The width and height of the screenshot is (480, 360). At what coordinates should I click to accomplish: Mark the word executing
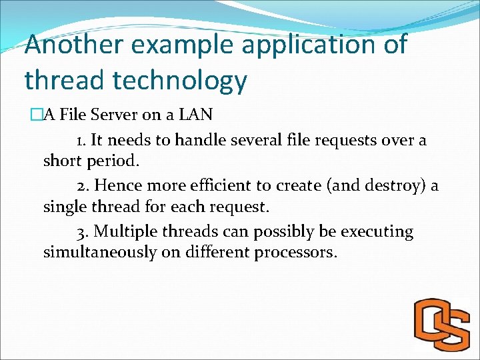[x=377, y=231]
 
